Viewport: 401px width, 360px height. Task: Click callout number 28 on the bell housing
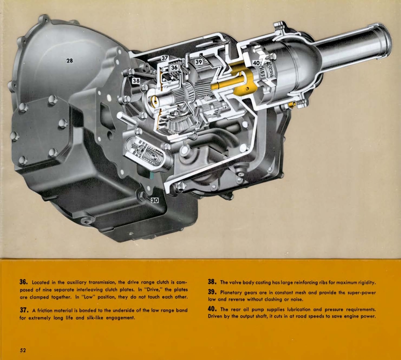click(x=69, y=61)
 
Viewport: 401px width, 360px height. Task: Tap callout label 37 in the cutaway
click(x=165, y=58)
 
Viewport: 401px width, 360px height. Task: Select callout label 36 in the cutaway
click(x=174, y=67)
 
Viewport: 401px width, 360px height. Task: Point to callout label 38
click(x=136, y=81)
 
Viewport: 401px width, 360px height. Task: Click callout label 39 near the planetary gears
click(x=199, y=62)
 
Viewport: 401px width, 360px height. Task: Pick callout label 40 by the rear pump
click(x=256, y=63)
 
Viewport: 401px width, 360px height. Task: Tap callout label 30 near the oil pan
click(x=154, y=200)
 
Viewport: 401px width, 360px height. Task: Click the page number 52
click(x=23, y=349)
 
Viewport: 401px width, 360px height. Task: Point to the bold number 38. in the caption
click(x=213, y=282)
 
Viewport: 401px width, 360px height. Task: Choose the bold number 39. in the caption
click(x=213, y=292)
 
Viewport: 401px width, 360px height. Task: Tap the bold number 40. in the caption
click(x=213, y=309)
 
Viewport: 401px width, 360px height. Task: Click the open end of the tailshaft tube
click(x=385, y=40)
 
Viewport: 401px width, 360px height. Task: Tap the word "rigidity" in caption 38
click(x=365, y=282)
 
